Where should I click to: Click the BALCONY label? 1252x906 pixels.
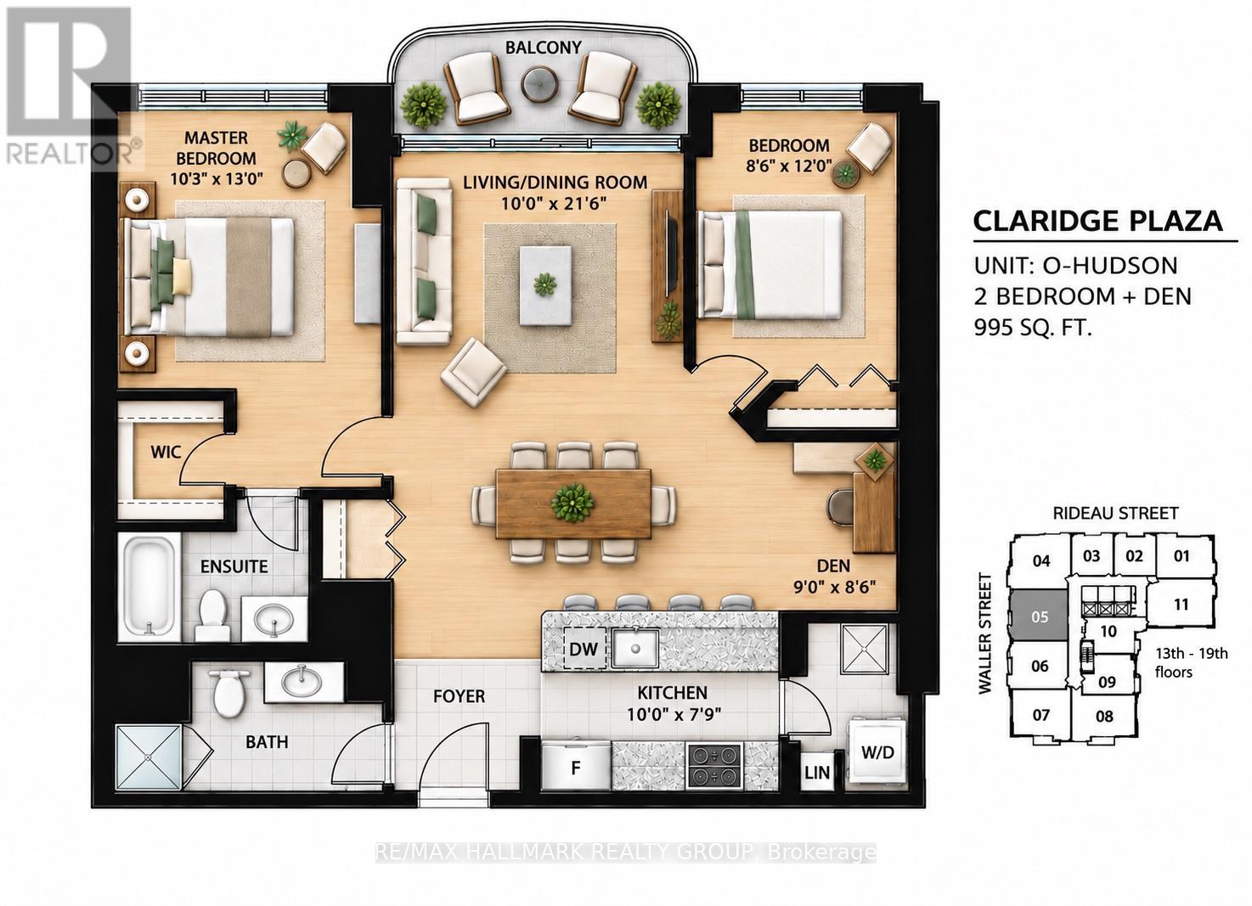point(544,48)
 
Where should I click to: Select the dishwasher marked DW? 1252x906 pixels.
point(584,649)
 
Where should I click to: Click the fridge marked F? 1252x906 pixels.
point(576,767)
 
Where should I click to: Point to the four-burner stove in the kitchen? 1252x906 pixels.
point(715,766)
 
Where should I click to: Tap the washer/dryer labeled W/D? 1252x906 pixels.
point(877,752)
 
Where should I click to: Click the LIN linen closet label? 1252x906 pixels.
point(816,773)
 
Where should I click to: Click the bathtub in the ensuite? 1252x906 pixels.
point(149,587)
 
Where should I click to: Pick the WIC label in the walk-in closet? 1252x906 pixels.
point(166,452)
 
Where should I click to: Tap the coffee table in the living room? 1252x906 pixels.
point(545,285)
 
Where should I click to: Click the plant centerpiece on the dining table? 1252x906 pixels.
point(572,503)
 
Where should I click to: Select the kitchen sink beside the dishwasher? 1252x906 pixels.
point(635,648)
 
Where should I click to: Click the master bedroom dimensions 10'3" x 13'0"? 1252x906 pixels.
point(217,179)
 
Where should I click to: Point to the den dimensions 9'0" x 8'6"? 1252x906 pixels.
point(834,587)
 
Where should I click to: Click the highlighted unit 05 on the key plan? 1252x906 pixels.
point(1040,616)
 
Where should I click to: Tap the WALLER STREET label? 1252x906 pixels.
point(985,633)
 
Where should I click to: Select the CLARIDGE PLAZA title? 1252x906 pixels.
point(1098,222)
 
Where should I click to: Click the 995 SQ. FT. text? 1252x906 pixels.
point(1032,326)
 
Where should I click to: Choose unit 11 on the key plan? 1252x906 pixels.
point(1181,605)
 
